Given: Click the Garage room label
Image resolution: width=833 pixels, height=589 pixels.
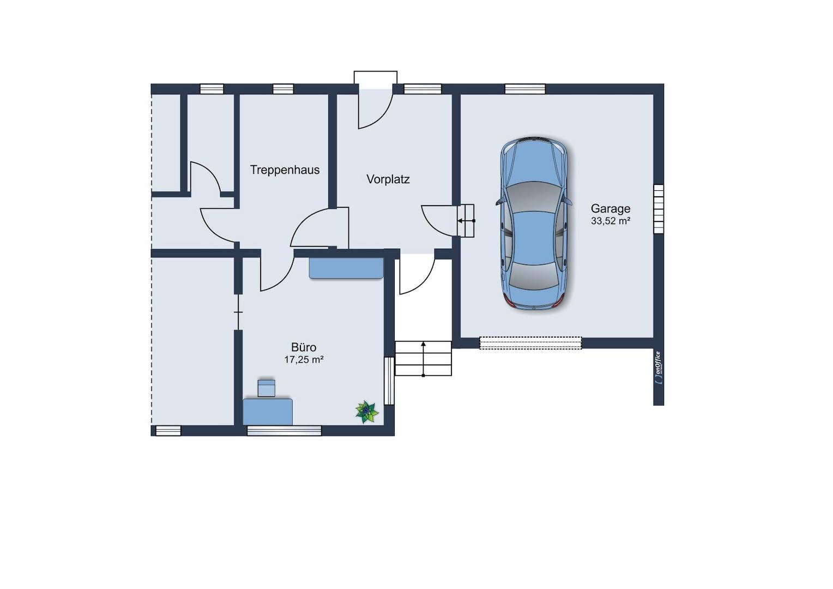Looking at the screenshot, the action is coord(610,209).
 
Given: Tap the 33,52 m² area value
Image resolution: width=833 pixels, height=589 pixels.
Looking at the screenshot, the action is coord(610,221).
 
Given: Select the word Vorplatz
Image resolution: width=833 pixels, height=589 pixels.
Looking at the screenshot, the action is coord(388,179).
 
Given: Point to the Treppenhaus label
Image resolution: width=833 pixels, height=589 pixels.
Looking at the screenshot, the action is coord(285,170).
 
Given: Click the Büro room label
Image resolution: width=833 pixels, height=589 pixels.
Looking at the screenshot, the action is coord(304,347).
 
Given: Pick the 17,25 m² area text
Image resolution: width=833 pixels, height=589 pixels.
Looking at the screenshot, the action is coord(304,360).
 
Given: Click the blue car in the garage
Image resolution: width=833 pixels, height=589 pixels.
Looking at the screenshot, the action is coord(534,223).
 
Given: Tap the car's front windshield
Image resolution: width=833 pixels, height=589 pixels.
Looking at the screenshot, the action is coord(534,197).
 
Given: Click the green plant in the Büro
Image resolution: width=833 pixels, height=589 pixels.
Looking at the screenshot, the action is coord(367,412).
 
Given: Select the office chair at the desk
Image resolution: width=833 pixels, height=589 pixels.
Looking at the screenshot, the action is coord(266,388).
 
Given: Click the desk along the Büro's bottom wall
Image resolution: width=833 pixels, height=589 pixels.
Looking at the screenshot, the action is coord(268,412).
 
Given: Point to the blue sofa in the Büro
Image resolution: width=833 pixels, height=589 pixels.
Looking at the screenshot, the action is coord(346,268).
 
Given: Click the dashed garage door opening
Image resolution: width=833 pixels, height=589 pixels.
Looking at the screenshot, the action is coord(530,343).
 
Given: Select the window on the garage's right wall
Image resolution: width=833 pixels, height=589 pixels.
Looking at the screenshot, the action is coord(659,209).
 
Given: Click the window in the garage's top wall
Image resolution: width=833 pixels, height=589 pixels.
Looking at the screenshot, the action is coord(525,89).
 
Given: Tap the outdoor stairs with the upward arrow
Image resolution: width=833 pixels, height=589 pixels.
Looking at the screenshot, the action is coord(423,358).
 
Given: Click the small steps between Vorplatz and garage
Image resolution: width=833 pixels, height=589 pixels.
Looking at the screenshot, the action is coord(465,221).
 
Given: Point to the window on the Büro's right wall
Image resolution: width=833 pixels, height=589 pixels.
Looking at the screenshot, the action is coord(389,381).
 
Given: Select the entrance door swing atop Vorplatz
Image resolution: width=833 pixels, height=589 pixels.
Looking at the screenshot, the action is coord(376,108).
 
